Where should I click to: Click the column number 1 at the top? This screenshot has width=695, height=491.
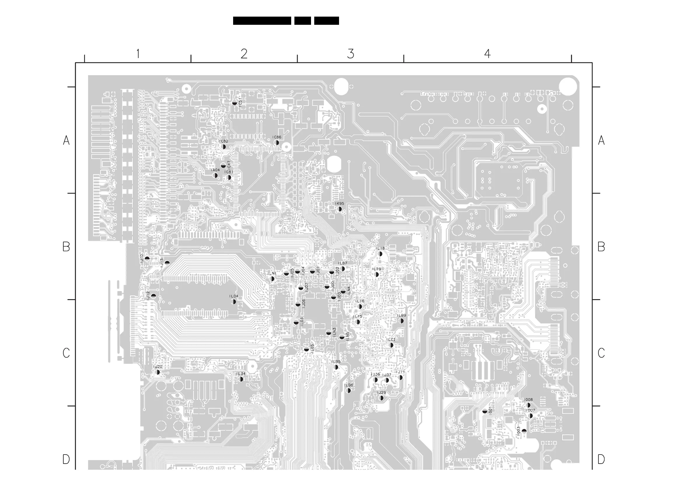click(x=138, y=54)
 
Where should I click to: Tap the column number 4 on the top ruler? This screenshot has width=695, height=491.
click(x=487, y=54)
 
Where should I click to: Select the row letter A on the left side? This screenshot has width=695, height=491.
click(x=66, y=140)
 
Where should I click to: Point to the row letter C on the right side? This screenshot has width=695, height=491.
click(x=601, y=353)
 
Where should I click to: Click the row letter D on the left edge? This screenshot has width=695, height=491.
click(x=66, y=459)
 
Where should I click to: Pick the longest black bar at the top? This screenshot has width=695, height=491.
click(x=262, y=21)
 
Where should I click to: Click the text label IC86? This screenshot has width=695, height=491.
click(x=277, y=137)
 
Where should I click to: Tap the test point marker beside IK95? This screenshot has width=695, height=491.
click(x=340, y=209)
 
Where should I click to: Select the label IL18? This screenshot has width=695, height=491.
click(x=380, y=248)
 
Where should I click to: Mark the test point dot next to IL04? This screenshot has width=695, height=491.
click(x=234, y=301)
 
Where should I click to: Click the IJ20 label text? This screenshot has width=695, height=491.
click(x=158, y=367)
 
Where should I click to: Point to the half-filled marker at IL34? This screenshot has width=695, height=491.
click(x=241, y=379)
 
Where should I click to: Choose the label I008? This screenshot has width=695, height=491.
click(x=528, y=400)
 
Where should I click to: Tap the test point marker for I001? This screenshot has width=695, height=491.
click(x=485, y=411)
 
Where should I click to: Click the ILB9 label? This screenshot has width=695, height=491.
click(x=401, y=315)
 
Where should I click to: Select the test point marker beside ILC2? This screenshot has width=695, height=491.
click(x=391, y=345)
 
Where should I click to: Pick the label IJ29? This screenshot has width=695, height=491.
click(x=381, y=393)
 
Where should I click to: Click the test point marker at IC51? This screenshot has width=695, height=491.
click(x=234, y=103)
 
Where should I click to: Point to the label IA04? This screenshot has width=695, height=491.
click(x=215, y=170)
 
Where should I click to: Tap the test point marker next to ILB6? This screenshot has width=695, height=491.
click(x=349, y=391)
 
